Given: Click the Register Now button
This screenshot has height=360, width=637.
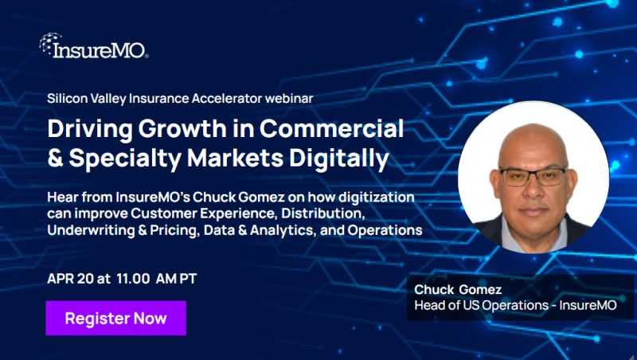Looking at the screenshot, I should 116,318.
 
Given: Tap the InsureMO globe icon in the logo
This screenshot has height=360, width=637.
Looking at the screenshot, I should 49,43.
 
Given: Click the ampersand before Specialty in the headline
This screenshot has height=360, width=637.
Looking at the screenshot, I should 57,156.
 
